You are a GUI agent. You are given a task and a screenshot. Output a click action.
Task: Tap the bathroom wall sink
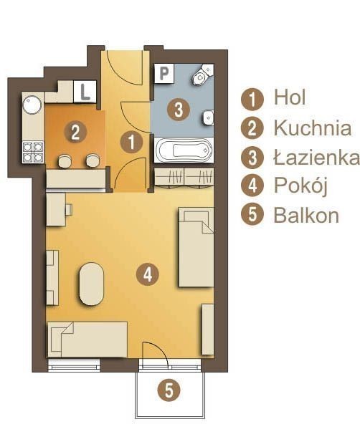click(209, 117)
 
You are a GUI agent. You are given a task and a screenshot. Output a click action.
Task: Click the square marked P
click(164, 73)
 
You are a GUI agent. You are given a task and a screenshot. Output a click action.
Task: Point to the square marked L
click(85, 91)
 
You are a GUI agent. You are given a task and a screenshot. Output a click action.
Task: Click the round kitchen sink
click(32, 105)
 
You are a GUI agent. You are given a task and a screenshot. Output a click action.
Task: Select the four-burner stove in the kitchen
click(33, 152)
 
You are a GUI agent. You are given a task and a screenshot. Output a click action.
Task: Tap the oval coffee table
click(92, 284)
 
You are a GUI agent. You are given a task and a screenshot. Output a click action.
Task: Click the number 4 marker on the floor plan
click(148, 274)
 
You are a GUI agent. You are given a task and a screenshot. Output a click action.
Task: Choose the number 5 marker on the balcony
click(169, 390)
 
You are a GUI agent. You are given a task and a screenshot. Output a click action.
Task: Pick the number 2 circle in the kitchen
click(75, 132)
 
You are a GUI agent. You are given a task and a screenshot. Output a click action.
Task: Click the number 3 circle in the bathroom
click(179, 110)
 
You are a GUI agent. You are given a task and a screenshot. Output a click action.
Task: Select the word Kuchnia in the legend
click(313, 128)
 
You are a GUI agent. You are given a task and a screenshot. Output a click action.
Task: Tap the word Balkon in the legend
click(306, 216)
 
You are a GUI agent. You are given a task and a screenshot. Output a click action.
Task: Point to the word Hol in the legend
click(290, 97)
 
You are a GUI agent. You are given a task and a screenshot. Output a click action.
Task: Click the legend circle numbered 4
click(252, 186)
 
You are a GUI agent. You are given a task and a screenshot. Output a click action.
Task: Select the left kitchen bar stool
click(65, 160)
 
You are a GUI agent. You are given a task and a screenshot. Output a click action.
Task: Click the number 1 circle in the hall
click(131, 143)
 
